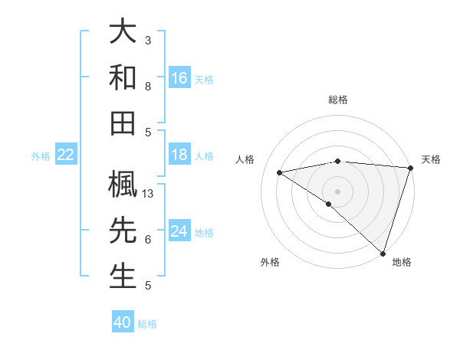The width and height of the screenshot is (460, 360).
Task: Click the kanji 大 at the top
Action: (123, 32)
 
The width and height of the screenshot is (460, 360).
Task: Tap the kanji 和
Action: (123, 77)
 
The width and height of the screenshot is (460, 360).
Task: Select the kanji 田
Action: (123, 123)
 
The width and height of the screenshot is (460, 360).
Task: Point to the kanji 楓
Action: (123, 186)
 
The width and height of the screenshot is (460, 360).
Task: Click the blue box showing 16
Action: (179, 77)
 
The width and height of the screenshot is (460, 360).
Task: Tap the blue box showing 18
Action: (179, 155)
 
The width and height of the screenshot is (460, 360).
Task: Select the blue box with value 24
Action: (179, 231)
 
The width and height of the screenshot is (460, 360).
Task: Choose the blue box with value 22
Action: (66, 155)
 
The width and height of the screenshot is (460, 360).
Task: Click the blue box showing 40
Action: (123, 322)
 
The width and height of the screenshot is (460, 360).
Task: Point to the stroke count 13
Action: (149, 194)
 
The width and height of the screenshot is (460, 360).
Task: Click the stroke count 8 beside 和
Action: (147, 86)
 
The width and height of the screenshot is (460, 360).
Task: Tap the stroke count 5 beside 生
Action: (147, 286)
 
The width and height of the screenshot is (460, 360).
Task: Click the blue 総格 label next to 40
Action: (147, 324)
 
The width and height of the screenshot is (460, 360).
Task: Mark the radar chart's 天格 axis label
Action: (432, 159)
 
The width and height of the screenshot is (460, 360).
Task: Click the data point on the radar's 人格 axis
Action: (280, 172)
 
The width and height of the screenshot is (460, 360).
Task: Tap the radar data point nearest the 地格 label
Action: (383, 253)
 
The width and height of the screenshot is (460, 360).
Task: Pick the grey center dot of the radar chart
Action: (337, 191)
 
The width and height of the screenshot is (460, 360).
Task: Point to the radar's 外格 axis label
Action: (270, 262)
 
